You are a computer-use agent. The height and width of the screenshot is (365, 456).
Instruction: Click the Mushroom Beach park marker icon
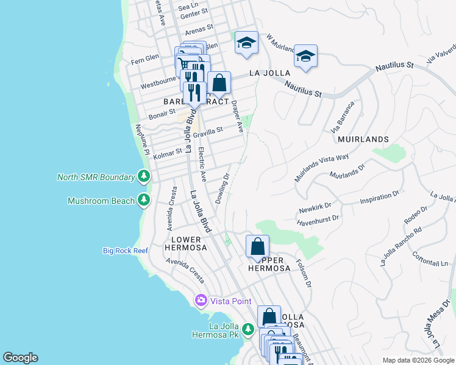point(143,200)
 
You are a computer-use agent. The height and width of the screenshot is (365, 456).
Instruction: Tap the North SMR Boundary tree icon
point(143,177)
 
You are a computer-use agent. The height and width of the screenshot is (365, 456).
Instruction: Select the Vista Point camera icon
point(201,301)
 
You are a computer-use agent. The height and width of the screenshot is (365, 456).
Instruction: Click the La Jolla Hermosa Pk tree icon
point(248,330)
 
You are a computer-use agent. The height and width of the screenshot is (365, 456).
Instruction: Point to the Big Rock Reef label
point(125,251)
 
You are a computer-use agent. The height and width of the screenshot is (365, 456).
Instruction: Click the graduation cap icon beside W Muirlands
point(305,56)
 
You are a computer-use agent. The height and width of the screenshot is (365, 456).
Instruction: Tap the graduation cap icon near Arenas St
point(246,43)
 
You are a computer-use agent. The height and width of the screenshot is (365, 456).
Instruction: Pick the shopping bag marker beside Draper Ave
point(219,83)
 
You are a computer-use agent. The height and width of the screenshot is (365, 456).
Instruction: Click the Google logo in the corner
point(20,358)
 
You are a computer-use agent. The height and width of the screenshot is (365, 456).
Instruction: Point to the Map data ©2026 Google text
point(418,360)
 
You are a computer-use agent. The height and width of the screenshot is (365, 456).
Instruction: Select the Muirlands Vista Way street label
point(321,165)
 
